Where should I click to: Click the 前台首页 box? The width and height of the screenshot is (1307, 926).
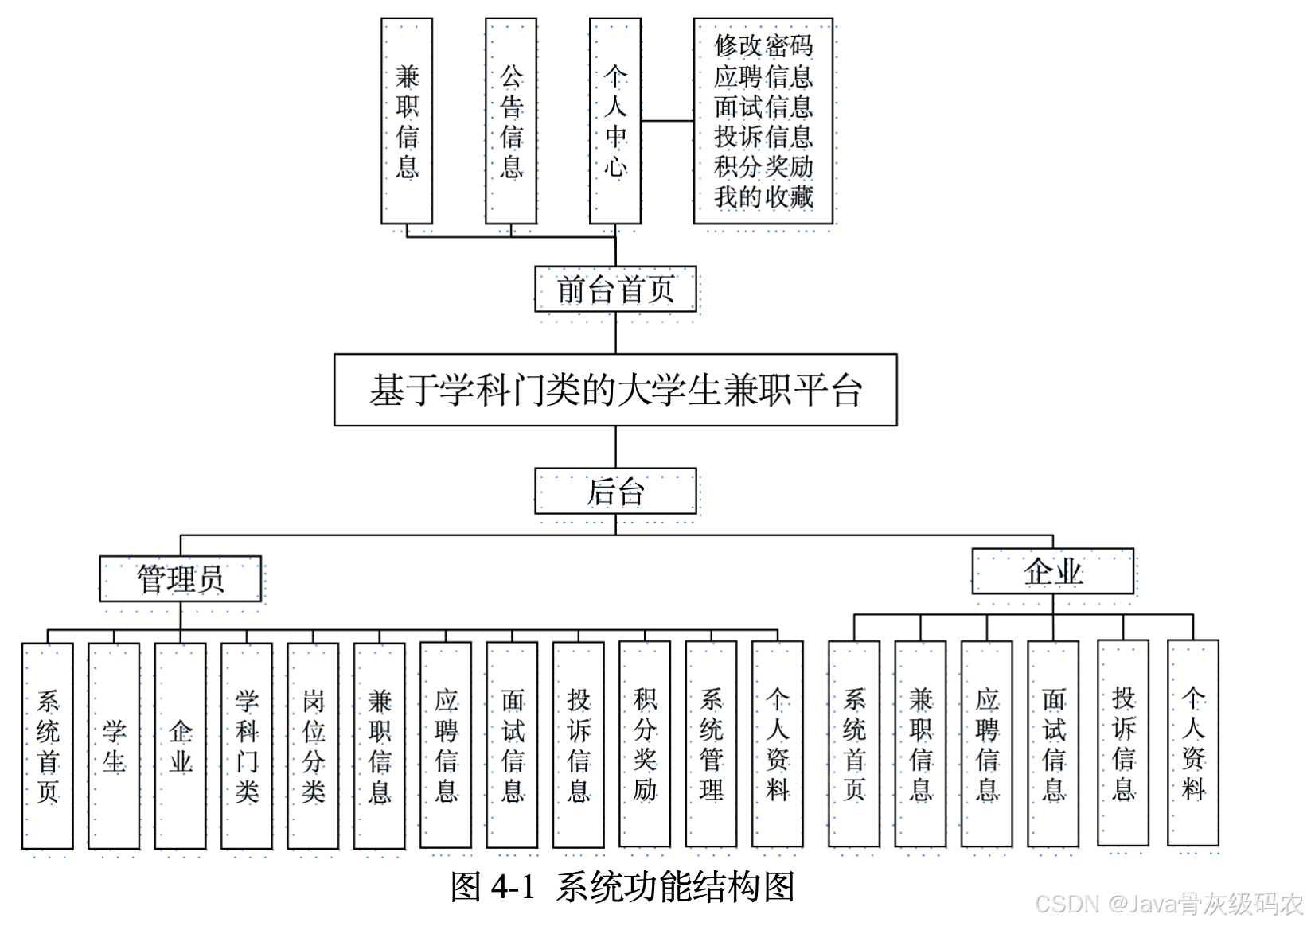click(x=615, y=289)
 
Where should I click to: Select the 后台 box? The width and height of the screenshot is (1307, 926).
click(x=615, y=491)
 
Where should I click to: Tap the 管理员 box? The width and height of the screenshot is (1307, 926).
click(x=181, y=578)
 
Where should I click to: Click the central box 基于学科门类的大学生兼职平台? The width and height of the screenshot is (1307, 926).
click(x=615, y=390)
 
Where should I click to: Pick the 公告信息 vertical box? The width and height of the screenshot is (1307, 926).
click(x=511, y=121)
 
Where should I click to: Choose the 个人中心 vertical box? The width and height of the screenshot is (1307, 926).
click(x=615, y=121)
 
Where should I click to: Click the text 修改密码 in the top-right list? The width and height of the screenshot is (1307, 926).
click(x=763, y=45)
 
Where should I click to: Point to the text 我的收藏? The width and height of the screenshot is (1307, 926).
click(x=763, y=196)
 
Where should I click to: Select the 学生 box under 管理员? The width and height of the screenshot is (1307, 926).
click(x=114, y=745)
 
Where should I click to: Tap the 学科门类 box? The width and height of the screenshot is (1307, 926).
click(x=247, y=745)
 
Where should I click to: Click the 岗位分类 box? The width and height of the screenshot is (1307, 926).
click(x=313, y=745)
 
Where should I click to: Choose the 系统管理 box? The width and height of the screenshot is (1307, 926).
click(x=711, y=745)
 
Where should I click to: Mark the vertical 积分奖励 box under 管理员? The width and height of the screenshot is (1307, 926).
click(x=645, y=745)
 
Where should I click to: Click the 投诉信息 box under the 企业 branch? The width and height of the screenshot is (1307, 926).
click(x=1123, y=743)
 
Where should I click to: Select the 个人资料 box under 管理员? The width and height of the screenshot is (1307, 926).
click(x=778, y=745)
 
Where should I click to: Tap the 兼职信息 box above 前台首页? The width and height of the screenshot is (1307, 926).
click(x=407, y=121)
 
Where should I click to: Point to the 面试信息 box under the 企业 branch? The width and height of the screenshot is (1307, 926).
click(x=1053, y=744)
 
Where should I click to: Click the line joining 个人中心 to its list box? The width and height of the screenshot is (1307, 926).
click(x=667, y=121)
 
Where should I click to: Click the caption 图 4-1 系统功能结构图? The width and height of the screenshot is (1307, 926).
click(x=622, y=886)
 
